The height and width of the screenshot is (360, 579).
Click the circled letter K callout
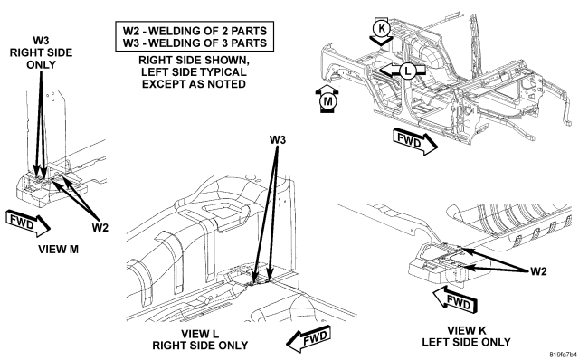(x=381, y=28)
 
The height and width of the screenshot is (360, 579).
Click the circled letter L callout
(x=408, y=71)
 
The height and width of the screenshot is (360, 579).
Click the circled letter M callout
(x=327, y=101)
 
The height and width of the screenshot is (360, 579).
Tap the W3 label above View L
(x=278, y=140)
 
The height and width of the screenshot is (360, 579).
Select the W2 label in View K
(x=538, y=271)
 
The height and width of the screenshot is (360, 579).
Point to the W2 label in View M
(x=100, y=227)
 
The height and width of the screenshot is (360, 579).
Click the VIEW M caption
(x=58, y=250)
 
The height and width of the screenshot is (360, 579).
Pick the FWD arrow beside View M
(x=27, y=223)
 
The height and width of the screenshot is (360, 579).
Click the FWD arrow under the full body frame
(x=414, y=141)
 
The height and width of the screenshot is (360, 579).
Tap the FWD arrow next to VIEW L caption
(x=309, y=338)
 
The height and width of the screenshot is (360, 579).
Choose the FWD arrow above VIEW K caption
(x=454, y=299)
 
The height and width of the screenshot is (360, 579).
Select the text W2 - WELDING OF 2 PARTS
(x=195, y=31)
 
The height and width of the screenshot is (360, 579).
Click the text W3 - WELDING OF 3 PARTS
(x=195, y=43)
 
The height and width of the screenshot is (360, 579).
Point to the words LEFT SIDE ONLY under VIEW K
(x=467, y=342)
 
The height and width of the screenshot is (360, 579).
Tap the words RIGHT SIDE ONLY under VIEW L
(x=200, y=346)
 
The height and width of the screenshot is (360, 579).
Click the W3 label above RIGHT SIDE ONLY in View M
(x=41, y=40)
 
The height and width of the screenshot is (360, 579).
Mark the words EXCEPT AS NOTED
(x=194, y=84)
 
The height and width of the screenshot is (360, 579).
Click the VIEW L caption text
(x=200, y=334)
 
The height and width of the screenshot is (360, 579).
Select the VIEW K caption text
(x=467, y=330)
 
